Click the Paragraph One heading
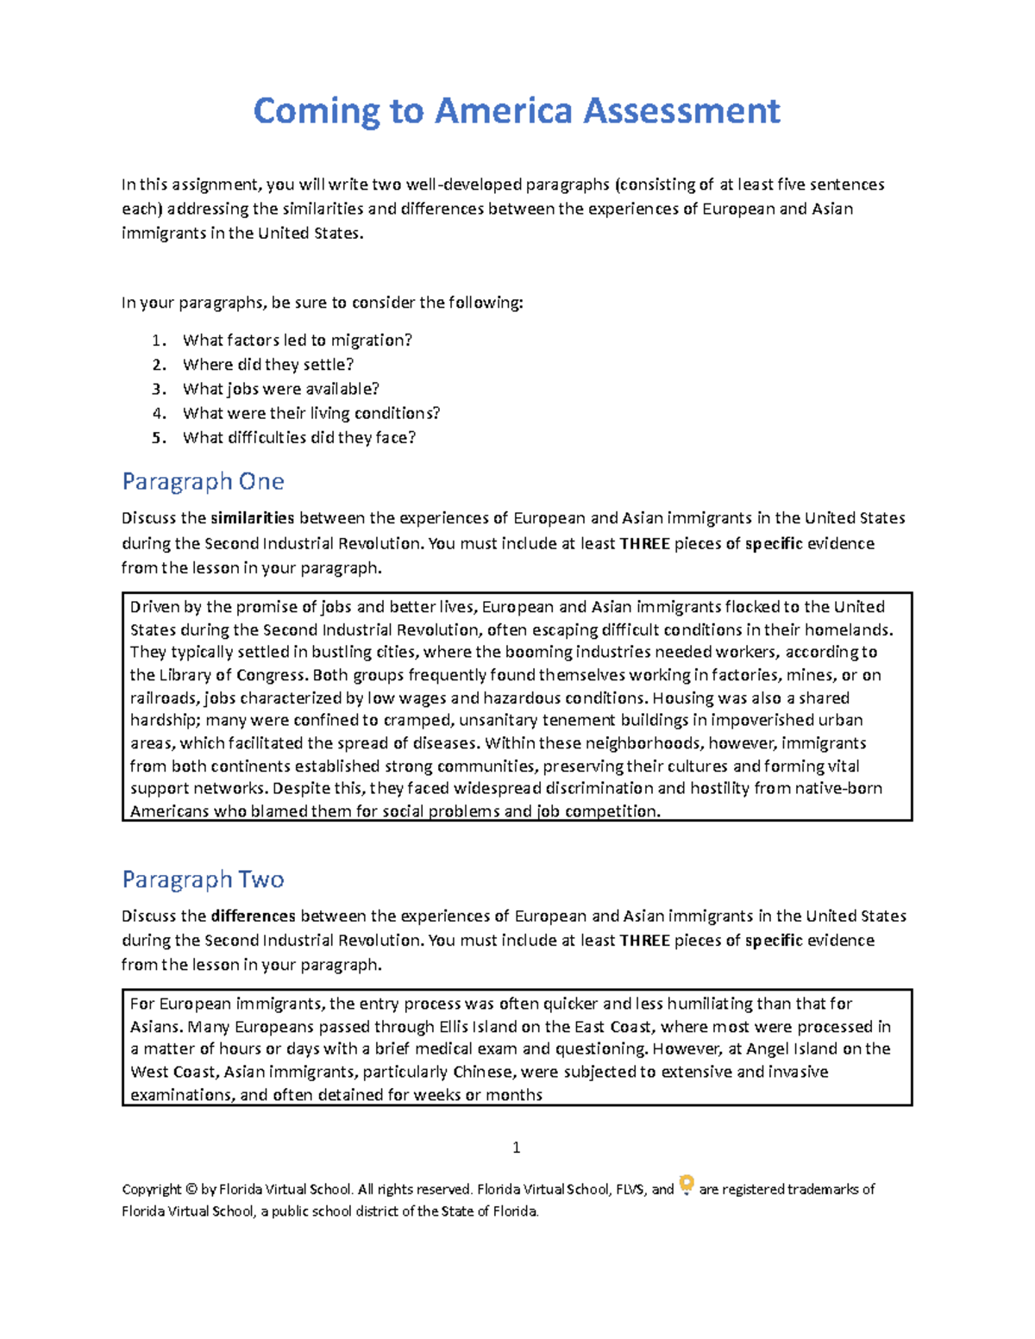(203, 481)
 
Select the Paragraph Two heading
(203, 879)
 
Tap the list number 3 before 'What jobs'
(158, 389)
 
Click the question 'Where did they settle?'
(267, 365)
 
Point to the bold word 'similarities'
(253, 518)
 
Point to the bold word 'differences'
(253, 916)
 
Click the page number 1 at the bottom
(516, 1148)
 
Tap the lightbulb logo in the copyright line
(687, 1186)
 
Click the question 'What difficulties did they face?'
(298, 438)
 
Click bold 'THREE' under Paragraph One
(644, 544)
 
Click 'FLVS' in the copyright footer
(630, 1190)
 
